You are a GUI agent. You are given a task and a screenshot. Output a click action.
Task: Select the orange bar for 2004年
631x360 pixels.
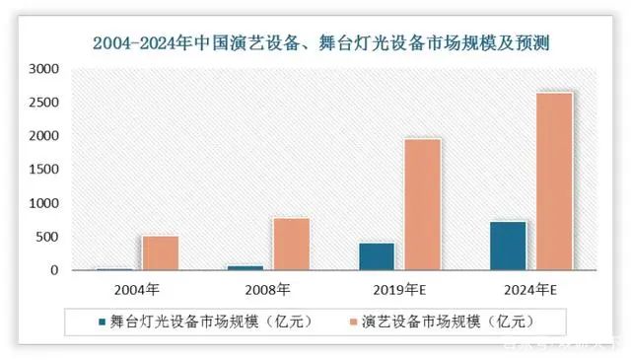(x=160, y=252)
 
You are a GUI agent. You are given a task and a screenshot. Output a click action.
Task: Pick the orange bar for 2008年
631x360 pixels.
(x=291, y=244)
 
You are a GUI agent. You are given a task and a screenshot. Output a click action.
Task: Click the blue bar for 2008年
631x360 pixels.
(x=245, y=267)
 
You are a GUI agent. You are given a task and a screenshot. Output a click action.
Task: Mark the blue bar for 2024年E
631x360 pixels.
(x=507, y=246)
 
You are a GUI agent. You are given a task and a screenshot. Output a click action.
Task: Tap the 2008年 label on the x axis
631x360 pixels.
(x=267, y=290)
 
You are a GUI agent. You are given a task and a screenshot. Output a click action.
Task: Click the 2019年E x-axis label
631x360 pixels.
(x=399, y=290)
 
